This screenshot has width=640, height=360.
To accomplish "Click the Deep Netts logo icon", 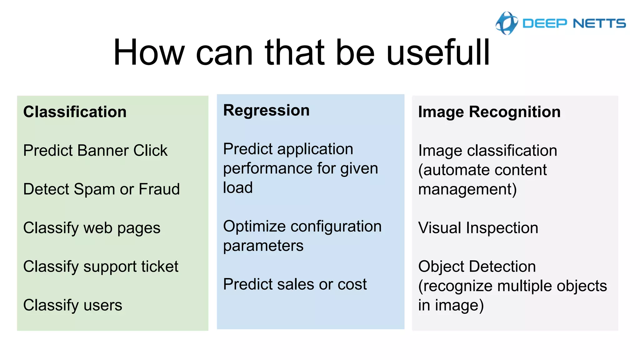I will pos(506,23).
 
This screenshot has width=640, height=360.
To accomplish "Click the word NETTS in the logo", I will pos(599,23).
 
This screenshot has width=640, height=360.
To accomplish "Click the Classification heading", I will pos(75,112).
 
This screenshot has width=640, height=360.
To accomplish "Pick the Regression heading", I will pos(266,110).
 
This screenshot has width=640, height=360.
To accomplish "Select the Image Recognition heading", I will pos(489,112).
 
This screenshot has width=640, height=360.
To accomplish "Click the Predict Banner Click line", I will pos(95,151).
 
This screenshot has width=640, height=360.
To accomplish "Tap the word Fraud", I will pos(159,189).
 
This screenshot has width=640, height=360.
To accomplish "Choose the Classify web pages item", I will pos(92,228).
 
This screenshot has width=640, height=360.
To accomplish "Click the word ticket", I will pos(159,267).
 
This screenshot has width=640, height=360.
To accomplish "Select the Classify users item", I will pos(72,305).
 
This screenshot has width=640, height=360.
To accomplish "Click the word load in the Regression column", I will pos(238,188).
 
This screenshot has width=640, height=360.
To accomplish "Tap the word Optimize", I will pos(254,227).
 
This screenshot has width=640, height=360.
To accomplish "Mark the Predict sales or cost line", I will pos(295,284).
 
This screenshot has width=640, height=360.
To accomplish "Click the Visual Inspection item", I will pos(478,228).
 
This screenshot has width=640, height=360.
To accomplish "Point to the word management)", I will pos(467,189).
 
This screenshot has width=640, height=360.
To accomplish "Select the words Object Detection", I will pos(477,267).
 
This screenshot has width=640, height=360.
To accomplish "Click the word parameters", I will pos(263,246).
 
